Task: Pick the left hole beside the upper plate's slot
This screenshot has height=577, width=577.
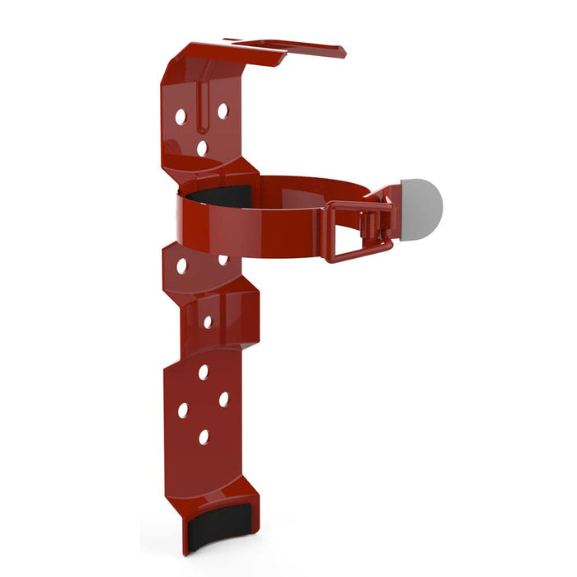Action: (x=180, y=117)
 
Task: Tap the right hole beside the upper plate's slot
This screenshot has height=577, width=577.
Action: (x=223, y=110)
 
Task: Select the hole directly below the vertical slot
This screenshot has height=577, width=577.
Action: (x=202, y=148)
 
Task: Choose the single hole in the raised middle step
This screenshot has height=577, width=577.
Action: (x=208, y=321)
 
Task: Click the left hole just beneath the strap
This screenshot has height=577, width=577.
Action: (x=181, y=267)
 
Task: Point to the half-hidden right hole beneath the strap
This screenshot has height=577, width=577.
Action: (x=223, y=260)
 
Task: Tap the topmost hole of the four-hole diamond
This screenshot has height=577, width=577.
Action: (x=203, y=373)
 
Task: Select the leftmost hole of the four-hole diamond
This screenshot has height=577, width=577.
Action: (x=183, y=410)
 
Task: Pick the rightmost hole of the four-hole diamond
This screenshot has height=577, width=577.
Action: (x=223, y=399)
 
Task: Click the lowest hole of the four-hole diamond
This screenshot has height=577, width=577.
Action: (x=204, y=436)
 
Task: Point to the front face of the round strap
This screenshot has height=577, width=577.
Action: (x=247, y=227)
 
